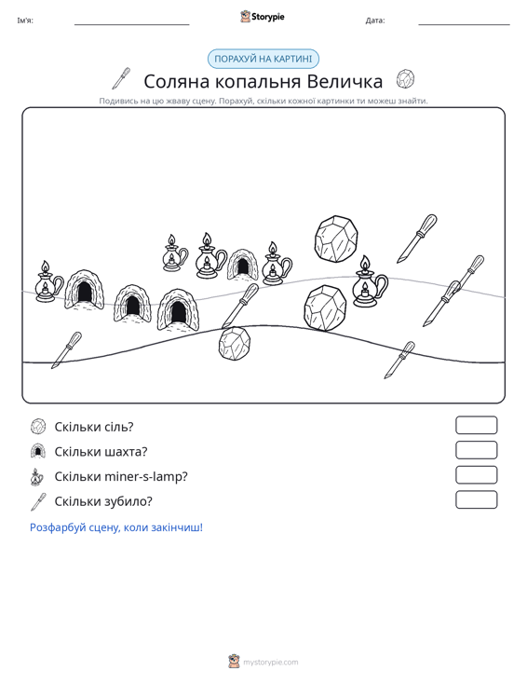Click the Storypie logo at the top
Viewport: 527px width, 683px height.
pyautogui.click(x=263, y=17)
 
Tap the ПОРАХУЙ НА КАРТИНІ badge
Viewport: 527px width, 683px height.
pyautogui.click(x=263, y=59)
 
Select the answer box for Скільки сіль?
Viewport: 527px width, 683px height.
pyautogui.click(x=476, y=425)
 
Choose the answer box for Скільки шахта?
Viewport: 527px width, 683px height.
pyautogui.click(x=476, y=450)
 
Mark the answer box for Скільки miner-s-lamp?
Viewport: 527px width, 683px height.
pyautogui.click(x=476, y=475)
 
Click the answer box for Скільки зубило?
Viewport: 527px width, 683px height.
pyautogui.click(x=476, y=499)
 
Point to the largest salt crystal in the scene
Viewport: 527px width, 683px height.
pyautogui.click(x=336, y=239)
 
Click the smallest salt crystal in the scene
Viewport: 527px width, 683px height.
pyautogui.click(x=235, y=343)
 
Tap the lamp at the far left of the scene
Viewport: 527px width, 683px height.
pyautogui.click(x=47, y=281)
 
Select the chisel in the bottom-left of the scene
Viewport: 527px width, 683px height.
pyautogui.click(x=66, y=350)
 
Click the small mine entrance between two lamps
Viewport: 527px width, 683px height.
pyautogui.click(x=242, y=265)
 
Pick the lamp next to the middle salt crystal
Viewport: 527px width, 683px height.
pyautogui.click(x=370, y=281)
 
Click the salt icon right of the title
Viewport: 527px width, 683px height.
pyautogui.click(x=405, y=79)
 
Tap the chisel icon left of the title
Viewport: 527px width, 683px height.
pyautogui.click(x=121, y=78)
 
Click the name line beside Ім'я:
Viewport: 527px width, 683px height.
pyautogui.click(x=132, y=24)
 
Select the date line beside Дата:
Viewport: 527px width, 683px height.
pyautogui.click(x=464, y=24)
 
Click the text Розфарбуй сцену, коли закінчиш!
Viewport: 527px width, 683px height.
pyautogui.click(x=116, y=527)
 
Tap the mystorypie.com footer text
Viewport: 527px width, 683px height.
pyautogui.click(x=271, y=663)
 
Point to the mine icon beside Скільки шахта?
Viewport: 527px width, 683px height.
pyautogui.click(x=38, y=451)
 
